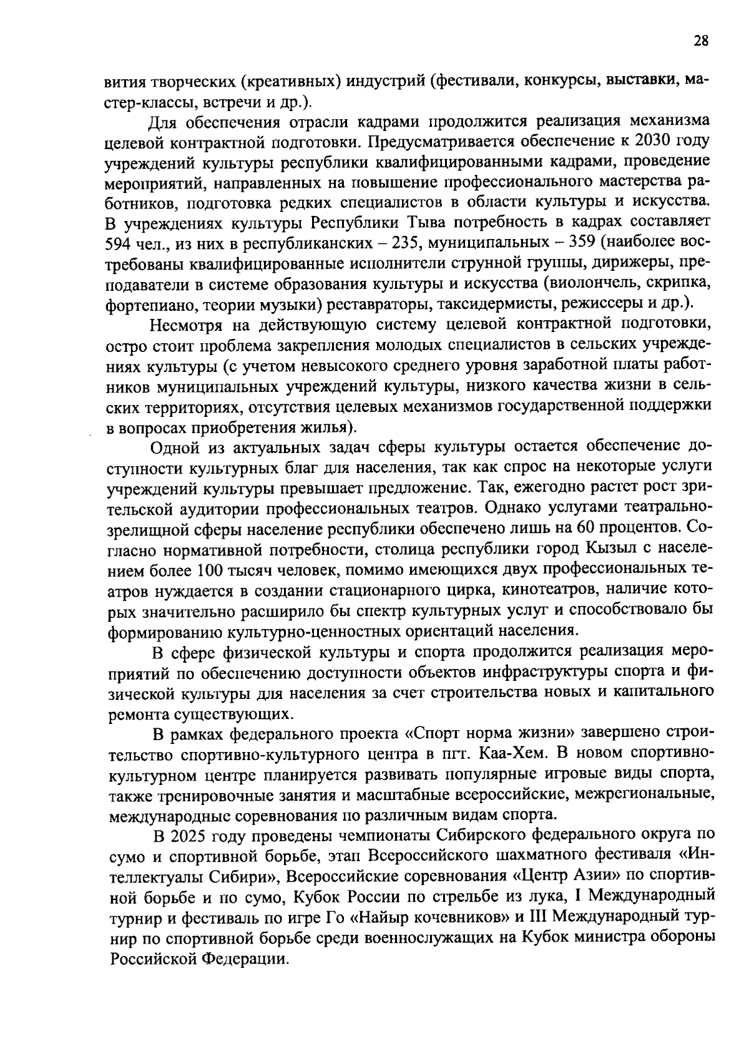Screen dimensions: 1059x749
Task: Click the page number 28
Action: (700, 41)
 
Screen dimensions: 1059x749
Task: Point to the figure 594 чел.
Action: (132, 243)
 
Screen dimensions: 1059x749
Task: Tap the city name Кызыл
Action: (609, 550)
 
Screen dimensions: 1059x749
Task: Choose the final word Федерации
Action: (247, 959)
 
